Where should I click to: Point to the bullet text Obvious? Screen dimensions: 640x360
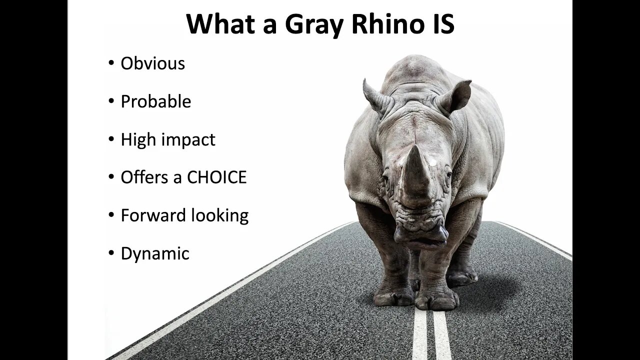153,63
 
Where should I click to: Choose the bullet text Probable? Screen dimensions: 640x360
156,101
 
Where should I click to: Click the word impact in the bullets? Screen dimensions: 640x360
188,140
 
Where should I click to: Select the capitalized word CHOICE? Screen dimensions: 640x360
217,177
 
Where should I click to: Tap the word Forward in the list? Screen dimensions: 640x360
153,215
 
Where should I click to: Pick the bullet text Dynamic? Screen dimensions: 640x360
155,253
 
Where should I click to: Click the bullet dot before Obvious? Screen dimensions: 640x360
111,63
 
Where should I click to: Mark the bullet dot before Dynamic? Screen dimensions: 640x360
111,253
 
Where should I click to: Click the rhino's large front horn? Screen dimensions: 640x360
415,171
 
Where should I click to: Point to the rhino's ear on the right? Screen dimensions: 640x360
455,95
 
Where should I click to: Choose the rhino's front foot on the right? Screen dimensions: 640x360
436,299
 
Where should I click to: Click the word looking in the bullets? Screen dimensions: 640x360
220,215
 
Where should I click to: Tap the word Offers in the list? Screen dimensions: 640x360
144,177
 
